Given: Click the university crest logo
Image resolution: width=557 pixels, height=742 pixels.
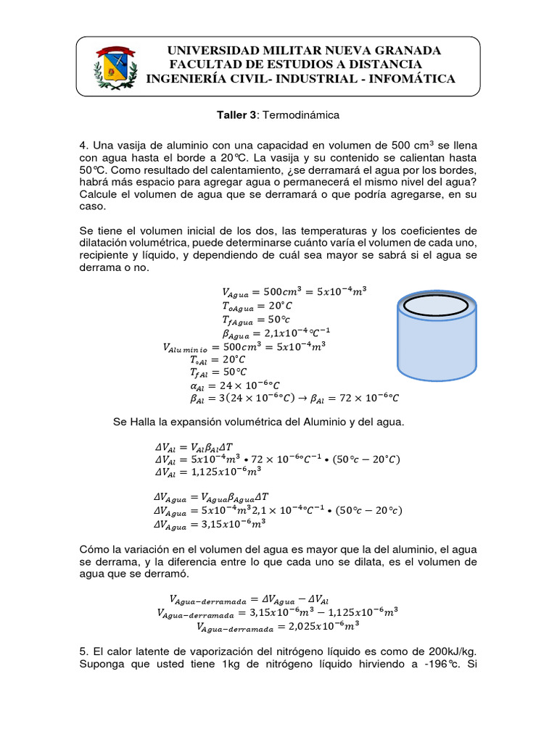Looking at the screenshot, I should click(113, 66).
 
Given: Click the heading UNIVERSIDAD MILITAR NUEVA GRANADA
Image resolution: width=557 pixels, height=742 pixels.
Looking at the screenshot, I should click(304, 51).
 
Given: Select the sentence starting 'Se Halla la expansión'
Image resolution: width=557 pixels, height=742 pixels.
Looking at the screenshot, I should click(258, 422).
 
